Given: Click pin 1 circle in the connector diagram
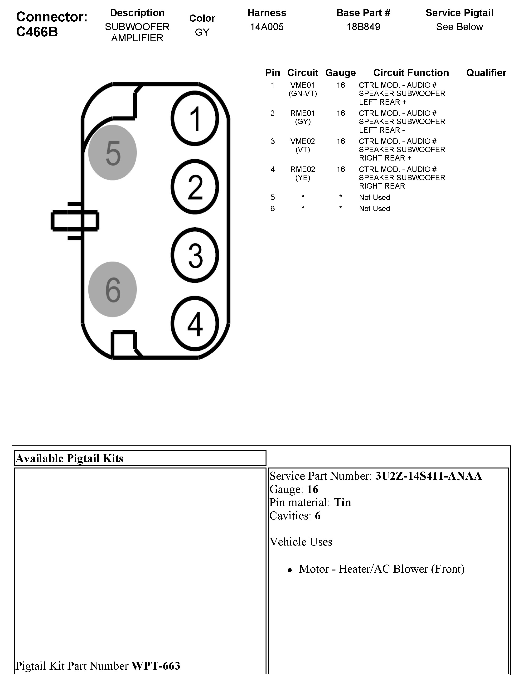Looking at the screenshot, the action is (195, 118).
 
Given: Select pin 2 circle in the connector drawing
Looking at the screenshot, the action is (195, 187).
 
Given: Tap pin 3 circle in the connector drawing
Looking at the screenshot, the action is (195, 255).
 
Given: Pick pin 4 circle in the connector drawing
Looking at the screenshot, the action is (195, 323).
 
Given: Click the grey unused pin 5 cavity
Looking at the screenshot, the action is (112, 152).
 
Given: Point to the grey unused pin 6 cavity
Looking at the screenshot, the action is (112, 289).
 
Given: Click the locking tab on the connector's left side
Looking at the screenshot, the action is (75, 221).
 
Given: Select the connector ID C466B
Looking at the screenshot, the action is (37, 32).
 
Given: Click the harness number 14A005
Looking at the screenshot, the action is (266, 27).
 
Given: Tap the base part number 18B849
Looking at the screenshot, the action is (363, 27).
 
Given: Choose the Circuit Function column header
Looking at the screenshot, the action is (411, 73).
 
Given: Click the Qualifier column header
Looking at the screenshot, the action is (486, 73).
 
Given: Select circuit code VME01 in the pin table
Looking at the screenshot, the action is (302, 85).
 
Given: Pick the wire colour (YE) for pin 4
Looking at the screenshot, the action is (302, 178).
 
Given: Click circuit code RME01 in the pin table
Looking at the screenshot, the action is (302, 113).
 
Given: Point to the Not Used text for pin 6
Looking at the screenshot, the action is (374, 209).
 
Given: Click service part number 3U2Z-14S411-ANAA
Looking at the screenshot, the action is (428, 476).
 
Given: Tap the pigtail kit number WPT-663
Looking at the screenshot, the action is (156, 666).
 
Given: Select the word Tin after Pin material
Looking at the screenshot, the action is (342, 502).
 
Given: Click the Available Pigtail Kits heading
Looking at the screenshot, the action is (69, 458).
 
